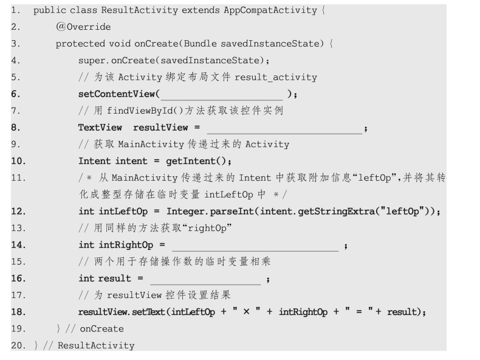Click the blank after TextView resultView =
coord(284,128)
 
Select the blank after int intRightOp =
coord(255,245)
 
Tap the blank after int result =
coord(205,279)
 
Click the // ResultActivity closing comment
coord(96,345)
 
